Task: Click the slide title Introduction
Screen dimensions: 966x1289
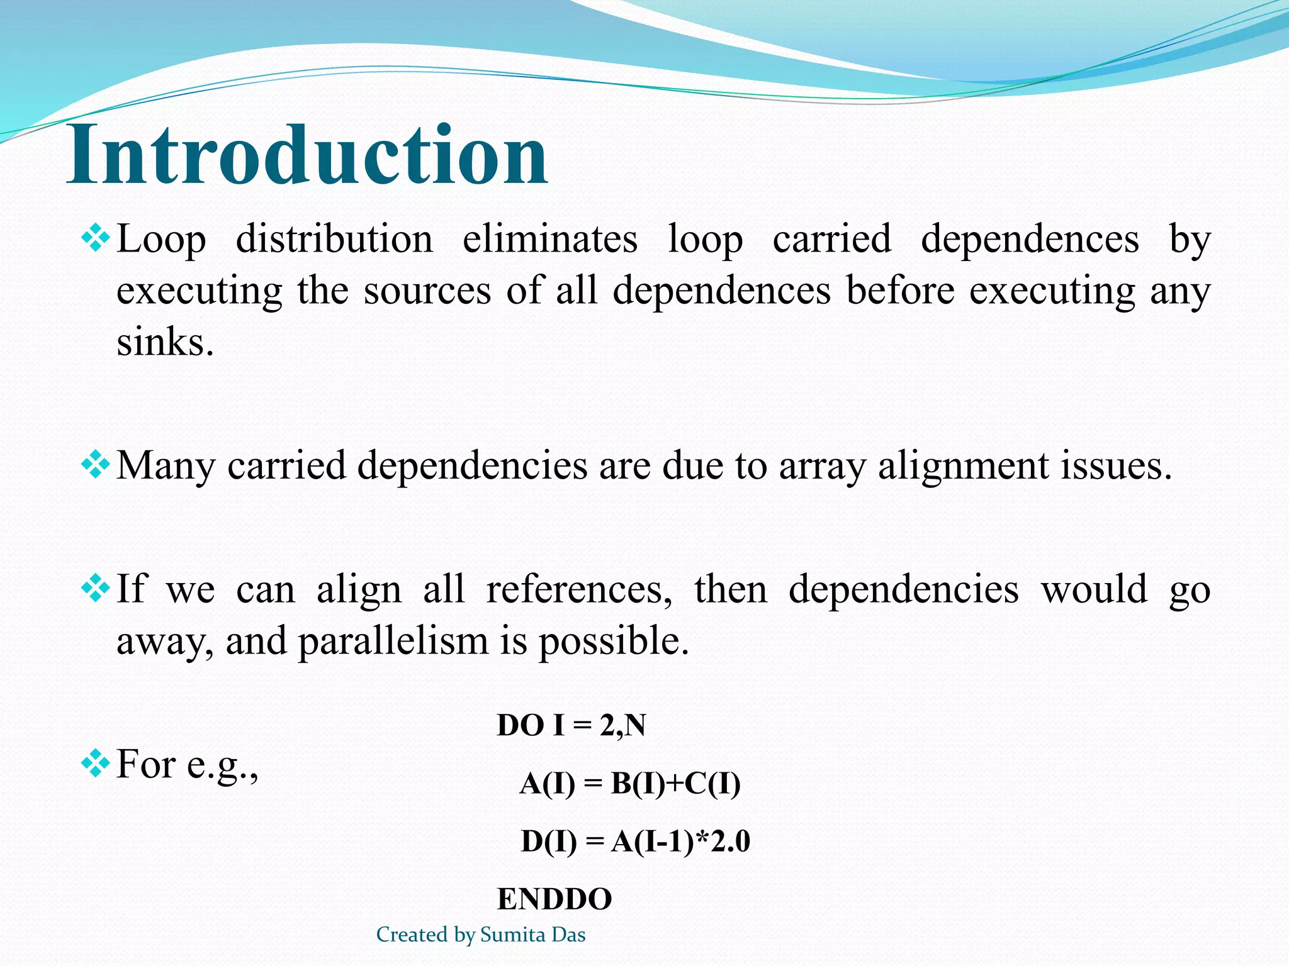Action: tap(307, 155)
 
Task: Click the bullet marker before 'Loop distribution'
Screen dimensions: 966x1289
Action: tap(96, 239)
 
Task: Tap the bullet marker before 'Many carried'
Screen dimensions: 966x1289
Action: tap(96, 465)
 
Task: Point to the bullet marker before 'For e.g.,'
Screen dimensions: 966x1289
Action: tap(96, 764)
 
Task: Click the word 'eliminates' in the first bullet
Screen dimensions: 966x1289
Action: tap(550, 239)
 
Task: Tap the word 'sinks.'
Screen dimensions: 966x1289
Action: tap(166, 342)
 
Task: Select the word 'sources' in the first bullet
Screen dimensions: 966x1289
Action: tap(427, 291)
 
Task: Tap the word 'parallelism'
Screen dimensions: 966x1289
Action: tap(393, 641)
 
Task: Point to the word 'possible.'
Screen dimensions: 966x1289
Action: tap(614, 641)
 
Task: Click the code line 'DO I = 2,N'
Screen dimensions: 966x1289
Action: tap(571, 726)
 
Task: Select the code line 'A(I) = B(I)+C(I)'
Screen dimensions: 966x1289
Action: tap(630, 784)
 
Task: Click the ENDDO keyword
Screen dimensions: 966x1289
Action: tap(554, 899)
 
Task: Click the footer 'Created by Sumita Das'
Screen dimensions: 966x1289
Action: tap(481, 935)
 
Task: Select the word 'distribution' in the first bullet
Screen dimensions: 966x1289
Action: tap(334, 239)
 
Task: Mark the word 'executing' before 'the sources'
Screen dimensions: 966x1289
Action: tap(200, 292)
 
